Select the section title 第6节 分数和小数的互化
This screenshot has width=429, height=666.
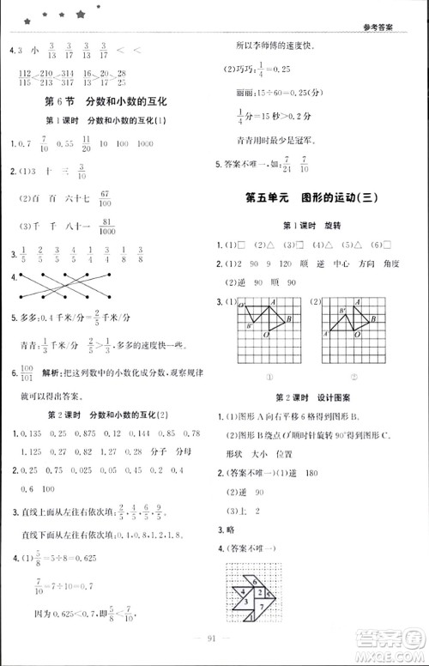click(106, 100)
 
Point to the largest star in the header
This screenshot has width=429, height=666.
click(81, 15)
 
